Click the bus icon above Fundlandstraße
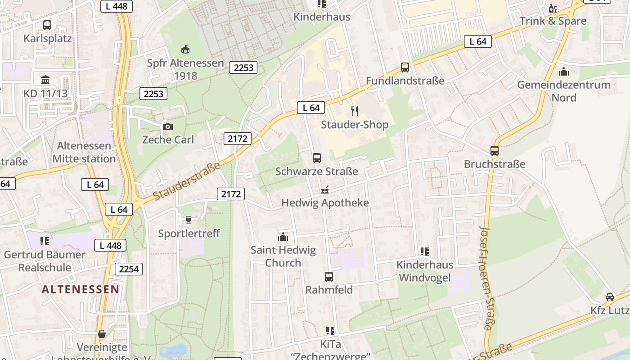pyautogui.click(x=405, y=67)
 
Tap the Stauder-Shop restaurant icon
pyautogui.click(x=355, y=111)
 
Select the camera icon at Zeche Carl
pyautogui.click(x=168, y=126)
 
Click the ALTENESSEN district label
pyautogui.click(x=81, y=289)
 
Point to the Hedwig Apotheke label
pyautogui.click(x=325, y=203)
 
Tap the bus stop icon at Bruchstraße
pyautogui.click(x=495, y=151)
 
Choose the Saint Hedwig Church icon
pyautogui.click(x=283, y=236)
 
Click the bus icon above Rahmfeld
pyautogui.click(x=329, y=277)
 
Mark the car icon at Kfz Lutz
pyautogui.click(x=610, y=297)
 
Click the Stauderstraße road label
pyautogui.click(x=186, y=181)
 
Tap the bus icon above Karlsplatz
pyautogui.click(x=47, y=25)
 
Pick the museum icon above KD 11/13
pyautogui.click(x=45, y=80)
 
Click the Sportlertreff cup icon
pyautogui.click(x=189, y=220)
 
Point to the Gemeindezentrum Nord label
pyautogui.click(x=563, y=91)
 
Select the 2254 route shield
pyautogui.click(x=129, y=269)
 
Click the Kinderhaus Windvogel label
pyautogui.click(x=425, y=271)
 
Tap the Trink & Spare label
pyautogui.click(x=553, y=21)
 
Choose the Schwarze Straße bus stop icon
pyautogui.click(x=317, y=157)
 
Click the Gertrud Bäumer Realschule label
pyautogui.click(x=45, y=261)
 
